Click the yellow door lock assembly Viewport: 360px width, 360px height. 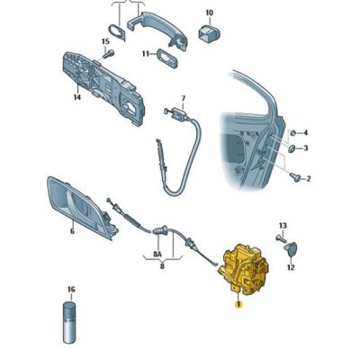(244, 269)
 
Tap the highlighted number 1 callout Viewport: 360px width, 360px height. (238, 304)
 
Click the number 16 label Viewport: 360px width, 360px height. (71, 290)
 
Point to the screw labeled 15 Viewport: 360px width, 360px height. (108, 54)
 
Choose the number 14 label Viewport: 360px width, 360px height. (77, 97)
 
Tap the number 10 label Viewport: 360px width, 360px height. (209, 13)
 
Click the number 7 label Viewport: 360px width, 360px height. (184, 98)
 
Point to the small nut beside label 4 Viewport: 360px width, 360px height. (292, 132)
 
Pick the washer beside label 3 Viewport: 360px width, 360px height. (292, 148)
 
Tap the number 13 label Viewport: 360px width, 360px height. (283, 226)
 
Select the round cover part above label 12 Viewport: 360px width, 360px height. (290, 249)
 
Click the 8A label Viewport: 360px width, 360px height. (157, 255)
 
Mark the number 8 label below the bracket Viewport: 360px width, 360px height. (162, 265)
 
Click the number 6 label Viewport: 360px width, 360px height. (72, 231)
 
